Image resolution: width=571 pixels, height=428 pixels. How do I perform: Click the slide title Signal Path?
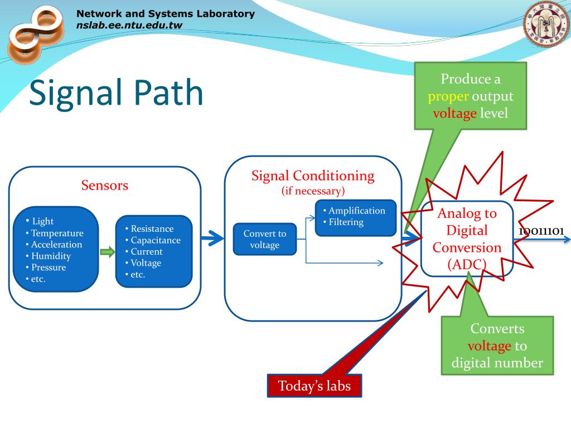pos(116,93)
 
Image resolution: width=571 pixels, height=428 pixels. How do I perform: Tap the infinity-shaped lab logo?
pos(36,34)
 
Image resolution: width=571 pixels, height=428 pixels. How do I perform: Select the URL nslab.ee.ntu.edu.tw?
pos(129,25)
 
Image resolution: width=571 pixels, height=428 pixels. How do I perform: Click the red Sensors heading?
pos(104,185)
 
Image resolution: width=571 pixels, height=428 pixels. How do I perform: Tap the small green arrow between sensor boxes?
pos(108,251)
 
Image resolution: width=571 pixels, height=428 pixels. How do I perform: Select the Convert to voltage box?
pos(265,239)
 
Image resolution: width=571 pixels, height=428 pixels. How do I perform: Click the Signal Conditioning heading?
pos(313,176)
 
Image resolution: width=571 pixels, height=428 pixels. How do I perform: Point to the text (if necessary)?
pos(313,191)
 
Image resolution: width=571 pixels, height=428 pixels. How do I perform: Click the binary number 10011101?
pos(541,231)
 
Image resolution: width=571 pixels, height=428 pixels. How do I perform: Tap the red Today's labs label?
pos(314,386)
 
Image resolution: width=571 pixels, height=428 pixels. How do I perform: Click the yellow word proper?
pos(448,96)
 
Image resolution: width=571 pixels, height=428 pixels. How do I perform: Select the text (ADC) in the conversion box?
pos(467,264)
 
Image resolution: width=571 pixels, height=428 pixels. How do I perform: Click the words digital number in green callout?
pos(497,362)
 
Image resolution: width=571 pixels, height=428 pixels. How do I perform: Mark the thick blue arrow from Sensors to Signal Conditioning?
pos(212,239)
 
